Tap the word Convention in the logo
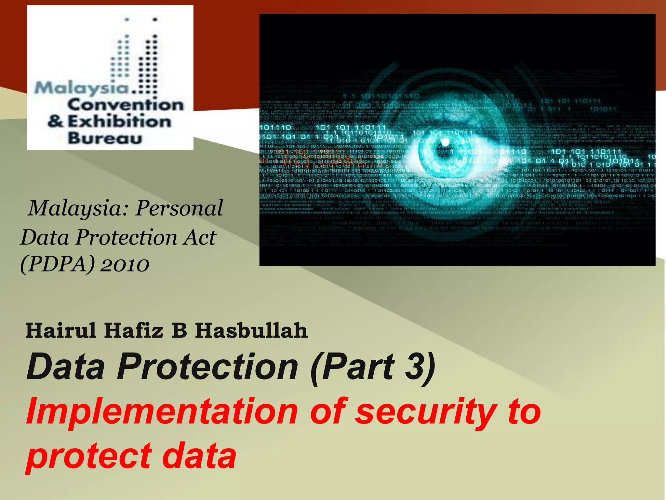tap(126, 105)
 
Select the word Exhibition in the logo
tap(119, 122)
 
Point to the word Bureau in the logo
tap(105, 138)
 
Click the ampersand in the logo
tap(55, 121)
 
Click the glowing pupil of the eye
tap(445, 142)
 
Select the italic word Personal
tap(179, 208)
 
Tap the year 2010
tap(125, 264)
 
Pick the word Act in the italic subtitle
tap(200, 237)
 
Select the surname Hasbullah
tap(251, 330)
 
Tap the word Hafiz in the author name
tap(134, 330)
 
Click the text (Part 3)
tap(373, 367)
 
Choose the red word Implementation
tap(162, 411)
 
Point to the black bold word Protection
tap(207, 367)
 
